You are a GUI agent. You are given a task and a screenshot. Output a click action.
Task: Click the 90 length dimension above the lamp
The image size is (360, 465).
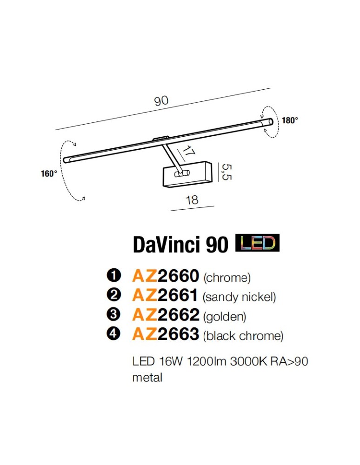(161, 101)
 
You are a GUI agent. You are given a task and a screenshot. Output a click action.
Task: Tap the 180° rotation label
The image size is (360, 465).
(290, 120)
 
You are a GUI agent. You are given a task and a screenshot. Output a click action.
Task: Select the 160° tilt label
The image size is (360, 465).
(49, 174)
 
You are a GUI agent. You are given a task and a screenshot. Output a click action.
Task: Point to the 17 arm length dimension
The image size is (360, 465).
(187, 153)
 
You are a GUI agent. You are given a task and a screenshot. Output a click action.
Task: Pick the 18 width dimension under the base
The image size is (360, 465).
(192, 200)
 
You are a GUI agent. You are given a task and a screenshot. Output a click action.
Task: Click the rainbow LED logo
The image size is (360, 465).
(258, 243)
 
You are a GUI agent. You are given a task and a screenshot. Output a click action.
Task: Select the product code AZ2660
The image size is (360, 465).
(166, 276)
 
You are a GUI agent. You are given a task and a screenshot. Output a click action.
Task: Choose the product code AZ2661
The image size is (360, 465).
(166, 295)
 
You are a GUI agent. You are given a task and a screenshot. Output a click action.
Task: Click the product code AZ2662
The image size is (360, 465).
(166, 315)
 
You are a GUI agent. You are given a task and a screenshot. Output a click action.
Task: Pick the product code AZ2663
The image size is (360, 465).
(166, 334)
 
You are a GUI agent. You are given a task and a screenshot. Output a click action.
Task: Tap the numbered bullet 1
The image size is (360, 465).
(113, 276)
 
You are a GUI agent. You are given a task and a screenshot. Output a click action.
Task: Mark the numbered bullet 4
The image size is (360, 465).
(113, 334)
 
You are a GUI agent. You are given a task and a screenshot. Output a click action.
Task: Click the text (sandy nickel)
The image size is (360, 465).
(240, 297)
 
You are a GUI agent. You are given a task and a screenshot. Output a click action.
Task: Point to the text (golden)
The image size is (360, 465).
(225, 316)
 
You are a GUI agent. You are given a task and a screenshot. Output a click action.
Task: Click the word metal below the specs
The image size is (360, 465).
(147, 377)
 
